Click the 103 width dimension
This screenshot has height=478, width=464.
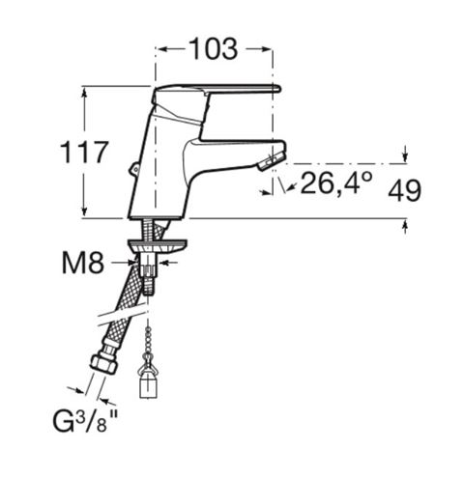pos(214,49)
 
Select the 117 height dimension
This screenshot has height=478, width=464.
pos(83,152)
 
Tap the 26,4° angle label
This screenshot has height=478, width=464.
pos(336,183)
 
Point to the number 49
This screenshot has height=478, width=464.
pos(404,190)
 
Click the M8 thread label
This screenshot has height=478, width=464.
pos(83,263)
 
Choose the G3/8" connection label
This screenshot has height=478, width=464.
pos(85,421)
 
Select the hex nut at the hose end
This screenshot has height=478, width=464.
pos(103,363)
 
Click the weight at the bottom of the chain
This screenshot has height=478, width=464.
pos(148,383)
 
